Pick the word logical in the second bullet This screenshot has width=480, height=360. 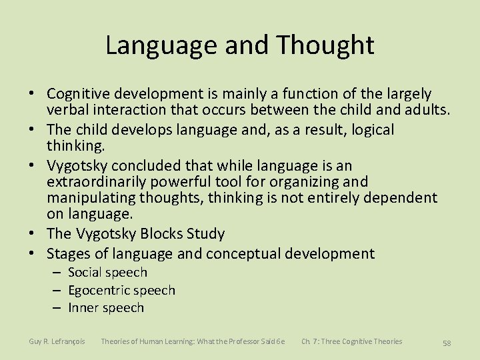(x=371, y=129)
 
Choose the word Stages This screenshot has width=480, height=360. (x=68, y=253)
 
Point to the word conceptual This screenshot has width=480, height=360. (x=247, y=253)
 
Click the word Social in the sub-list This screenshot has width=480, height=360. (x=85, y=272)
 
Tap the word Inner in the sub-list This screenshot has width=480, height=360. (x=83, y=307)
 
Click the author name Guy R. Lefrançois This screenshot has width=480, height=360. (x=57, y=341)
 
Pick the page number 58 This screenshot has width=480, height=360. (x=447, y=343)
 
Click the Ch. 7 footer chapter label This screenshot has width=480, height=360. (x=351, y=341)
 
